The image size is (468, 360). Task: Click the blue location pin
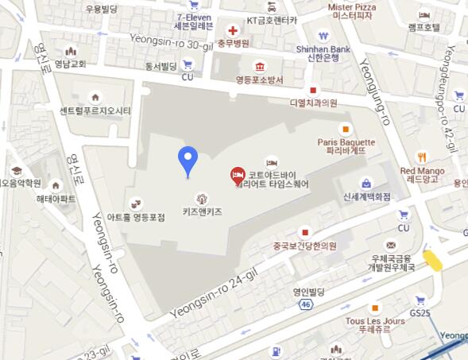point(188,160)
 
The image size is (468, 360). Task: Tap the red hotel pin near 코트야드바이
point(237,175)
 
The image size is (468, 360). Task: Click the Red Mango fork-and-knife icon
point(423,156)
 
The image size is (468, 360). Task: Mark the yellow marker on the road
point(433,260)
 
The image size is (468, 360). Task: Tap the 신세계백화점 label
point(366,196)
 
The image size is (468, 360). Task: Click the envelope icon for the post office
point(391,245)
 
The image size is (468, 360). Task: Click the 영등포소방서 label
point(258,80)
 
